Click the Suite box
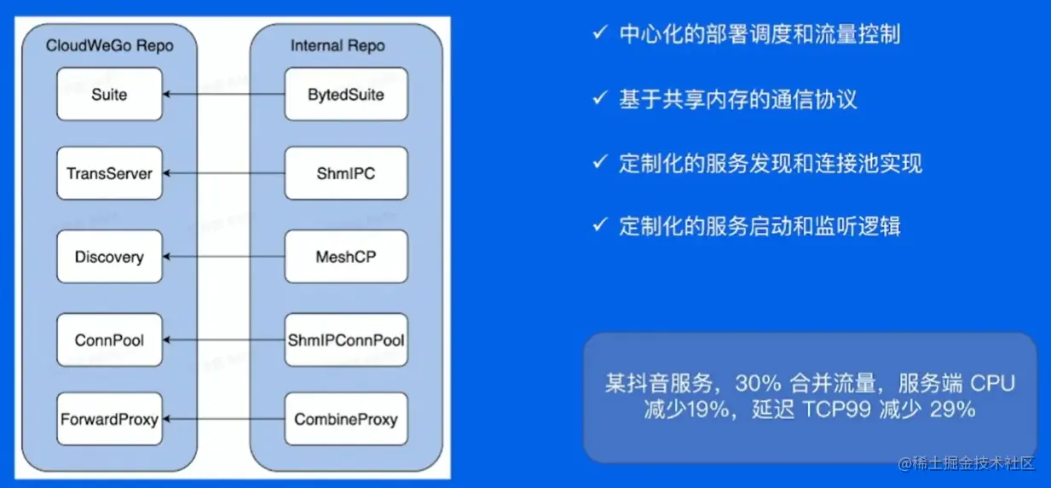pyautogui.click(x=109, y=94)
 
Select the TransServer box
pyautogui.click(x=109, y=173)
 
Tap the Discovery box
pyautogui.click(x=109, y=257)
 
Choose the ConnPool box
pyautogui.click(x=109, y=340)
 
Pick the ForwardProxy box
pyautogui.click(x=109, y=419)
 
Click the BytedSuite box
pyautogui.click(x=345, y=94)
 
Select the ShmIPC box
pyautogui.click(x=345, y=173)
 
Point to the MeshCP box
pyautogui.click(x=345, y=257)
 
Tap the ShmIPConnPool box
pyautogui.click(x=345, y=340)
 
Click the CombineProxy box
pyautogui.click(x=345, y=419)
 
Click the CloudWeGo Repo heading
pyautogui.click(x=109, y=45)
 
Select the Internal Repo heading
pyautogui.click(x=338, y=45)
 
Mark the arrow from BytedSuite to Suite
pyautogui.click(x=223, y=94)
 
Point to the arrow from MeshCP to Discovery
pyautogui.click(x=223, y=257)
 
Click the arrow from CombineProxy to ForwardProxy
pyautogui.click(x=223, y=419)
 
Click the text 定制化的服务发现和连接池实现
pyautogui.click(x=770, y=163)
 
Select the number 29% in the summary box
pyautogui.click(x=952, y=410)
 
